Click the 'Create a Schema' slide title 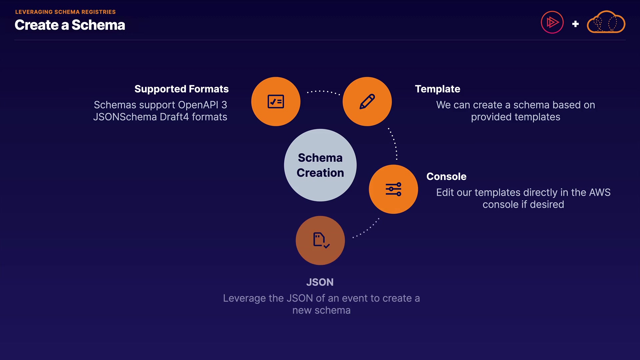tap(70, 25)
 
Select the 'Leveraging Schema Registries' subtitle tap(65, 12)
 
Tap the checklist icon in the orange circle tap(276, 102)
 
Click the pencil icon tap(367, 102)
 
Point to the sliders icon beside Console tap(393, 189)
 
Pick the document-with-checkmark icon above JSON tap(320, 240)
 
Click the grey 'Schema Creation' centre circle tap(320, 165)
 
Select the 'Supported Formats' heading tap(181, 89)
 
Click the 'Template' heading tap(437, 89)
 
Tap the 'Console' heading tap(446, 176)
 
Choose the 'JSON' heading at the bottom tap(320, 282)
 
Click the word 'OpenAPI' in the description tap(198, 105)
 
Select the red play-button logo tap(552, 23)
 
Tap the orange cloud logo tap(606, 23)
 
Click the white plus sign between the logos tap(575, 24)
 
